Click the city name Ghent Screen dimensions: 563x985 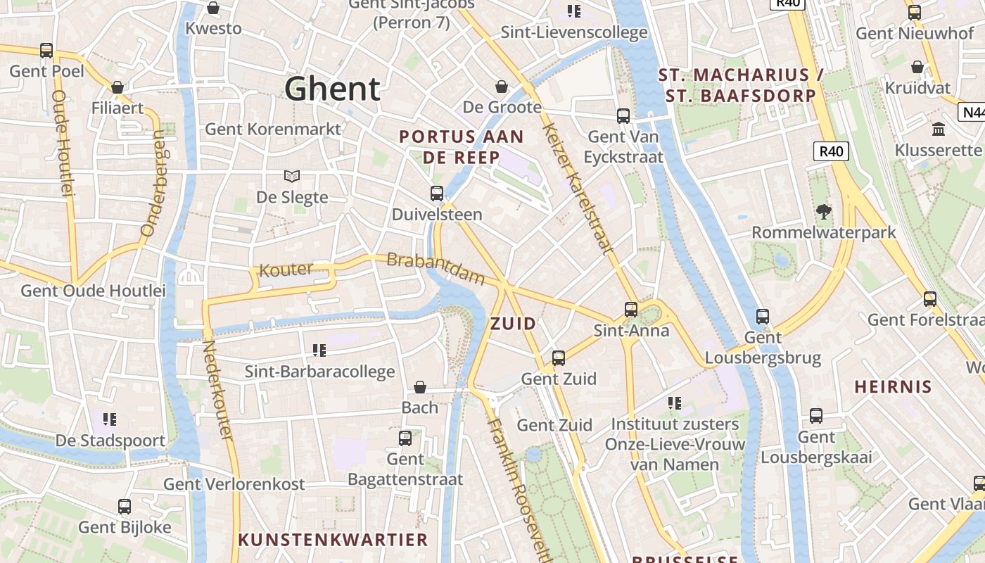332,89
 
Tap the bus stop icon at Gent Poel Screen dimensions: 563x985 46,51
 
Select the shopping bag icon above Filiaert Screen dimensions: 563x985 117,87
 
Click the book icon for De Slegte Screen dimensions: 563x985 291,176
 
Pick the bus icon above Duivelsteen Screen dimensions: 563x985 437,194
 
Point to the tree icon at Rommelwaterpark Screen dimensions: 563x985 822,211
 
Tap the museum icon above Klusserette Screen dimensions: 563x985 938,129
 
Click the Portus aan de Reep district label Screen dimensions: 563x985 462,146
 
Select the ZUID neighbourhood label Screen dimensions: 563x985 513,324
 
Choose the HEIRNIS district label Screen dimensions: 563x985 893,386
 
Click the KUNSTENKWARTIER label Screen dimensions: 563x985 333,540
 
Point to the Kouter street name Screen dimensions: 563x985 286,270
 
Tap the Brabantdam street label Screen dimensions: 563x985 436,268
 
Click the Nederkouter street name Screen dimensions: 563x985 217,391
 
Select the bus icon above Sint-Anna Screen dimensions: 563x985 631,309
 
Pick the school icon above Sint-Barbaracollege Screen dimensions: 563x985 319,350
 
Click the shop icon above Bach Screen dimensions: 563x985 420,387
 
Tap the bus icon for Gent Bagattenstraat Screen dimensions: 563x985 405,438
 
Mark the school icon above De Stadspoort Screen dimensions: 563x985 110,419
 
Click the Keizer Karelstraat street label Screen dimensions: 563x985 578,188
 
